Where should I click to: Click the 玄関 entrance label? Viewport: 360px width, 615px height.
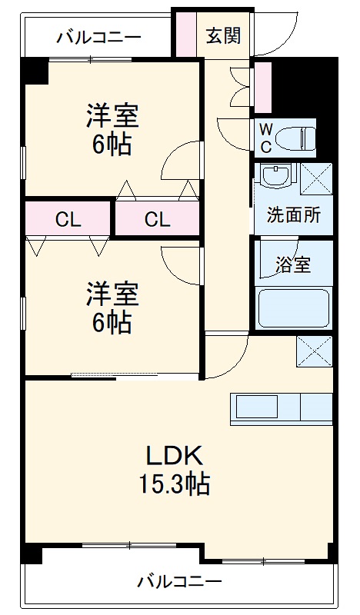(223, 36)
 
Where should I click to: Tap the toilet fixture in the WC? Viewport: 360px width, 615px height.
(295, 138)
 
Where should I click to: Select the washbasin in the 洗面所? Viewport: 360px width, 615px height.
(277, 176)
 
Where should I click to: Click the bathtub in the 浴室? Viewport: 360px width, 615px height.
(293, 308)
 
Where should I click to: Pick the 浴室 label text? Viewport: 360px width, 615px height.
(293, 264)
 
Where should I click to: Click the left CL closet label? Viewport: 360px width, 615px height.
(68, 220)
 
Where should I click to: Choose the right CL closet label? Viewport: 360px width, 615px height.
(157, 220)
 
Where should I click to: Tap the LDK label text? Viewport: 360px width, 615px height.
(175, 456)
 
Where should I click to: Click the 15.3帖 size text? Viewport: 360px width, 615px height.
(175, 484)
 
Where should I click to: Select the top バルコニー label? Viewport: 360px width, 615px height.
(98, 38)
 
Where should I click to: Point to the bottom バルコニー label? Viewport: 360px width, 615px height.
(179, 581)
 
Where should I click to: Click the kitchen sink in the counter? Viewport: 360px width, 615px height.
(257, 407)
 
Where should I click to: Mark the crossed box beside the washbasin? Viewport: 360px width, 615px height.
(316, 178)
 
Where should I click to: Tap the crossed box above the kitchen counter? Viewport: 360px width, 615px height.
(315, 351)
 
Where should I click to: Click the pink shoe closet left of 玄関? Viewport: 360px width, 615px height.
(185, 35)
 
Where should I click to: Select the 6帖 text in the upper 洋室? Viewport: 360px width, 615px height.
(112, 146)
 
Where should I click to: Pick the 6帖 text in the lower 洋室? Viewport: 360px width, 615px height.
(112, 324)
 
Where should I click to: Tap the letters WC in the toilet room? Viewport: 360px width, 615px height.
(266, 138)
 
